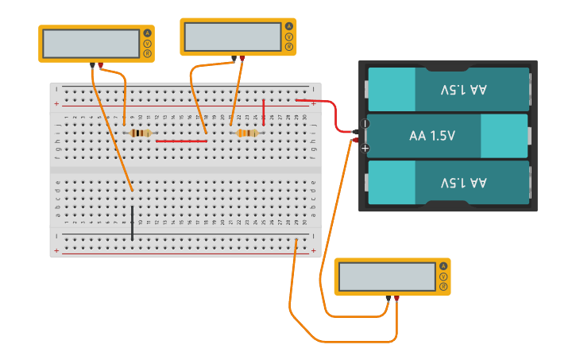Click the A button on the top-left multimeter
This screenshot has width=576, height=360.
pyautogui.click(x=147, y=33)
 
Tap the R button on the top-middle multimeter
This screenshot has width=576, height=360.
pyautogui.click(x=289, y=47)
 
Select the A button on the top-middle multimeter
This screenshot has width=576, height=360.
pyautogui.click(x=289, y=26)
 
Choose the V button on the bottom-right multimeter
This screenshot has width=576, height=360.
pyautogui.click(x=443, y=276)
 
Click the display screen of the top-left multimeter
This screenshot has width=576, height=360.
pyautogui.click(x=91, y=44)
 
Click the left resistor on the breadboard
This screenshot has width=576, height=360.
pyautogui.click(x=141, y=133)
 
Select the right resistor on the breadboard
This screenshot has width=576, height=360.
pyautogui.click(x=247, y=133)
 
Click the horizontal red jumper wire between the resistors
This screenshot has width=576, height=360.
pyautogui.click(x=181, y=141)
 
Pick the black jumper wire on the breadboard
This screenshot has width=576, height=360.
pyautogui.click(x=133, y=222)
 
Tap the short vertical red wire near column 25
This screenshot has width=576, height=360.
pyautogui.click(x=264, y=112)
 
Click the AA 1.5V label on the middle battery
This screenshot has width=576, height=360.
pyautogui.click(x=432, y=136)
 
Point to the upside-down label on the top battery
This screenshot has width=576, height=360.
pyautogui.click(x=463, y=90)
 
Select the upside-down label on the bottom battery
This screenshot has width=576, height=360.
pyautogui.click(x=463, y=183)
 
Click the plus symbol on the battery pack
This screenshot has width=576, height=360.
pyautogui.click(x=365, y=149)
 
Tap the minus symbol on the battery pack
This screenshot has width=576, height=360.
pyautogui.click(x=365, y=123)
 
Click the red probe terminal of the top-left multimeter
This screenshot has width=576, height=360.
pyautogui.click(x=100, y=64)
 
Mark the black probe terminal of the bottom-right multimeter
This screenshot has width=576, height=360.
pyautogui.click(x=388, y=298)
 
